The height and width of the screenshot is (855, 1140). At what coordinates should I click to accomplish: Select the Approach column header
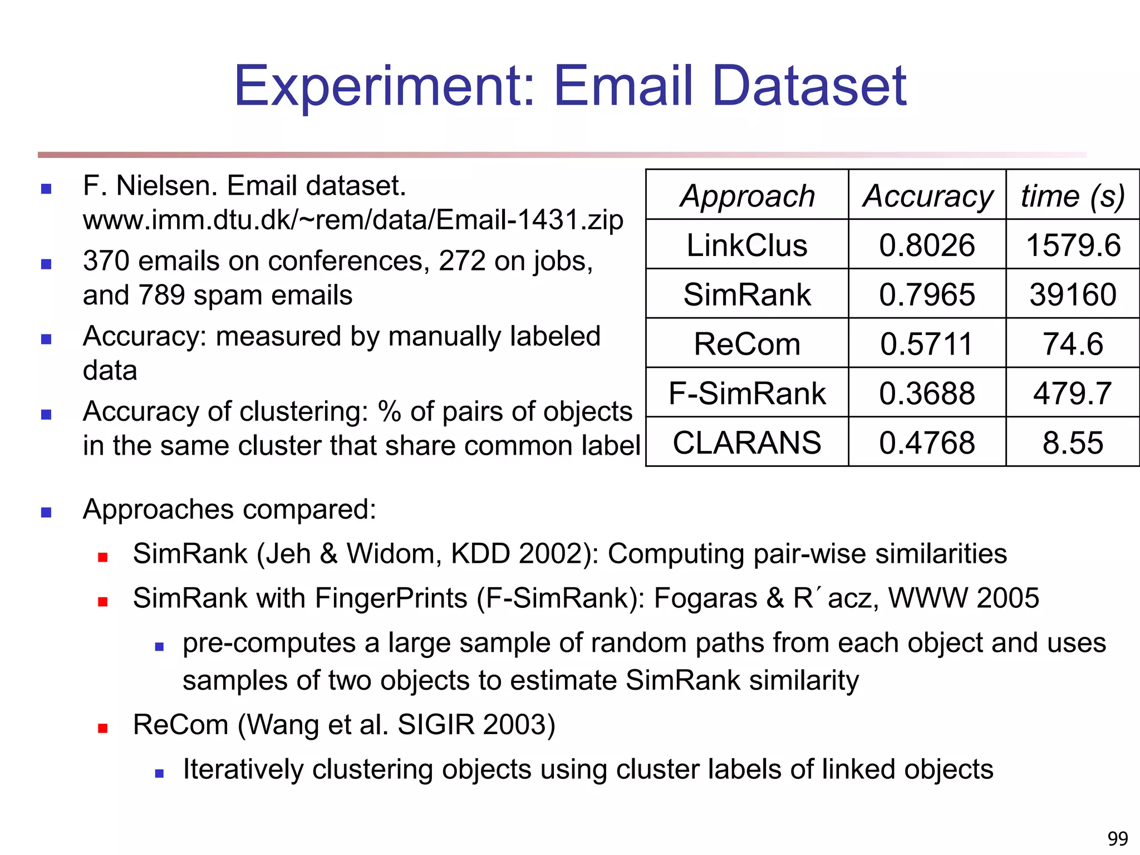[747, 196]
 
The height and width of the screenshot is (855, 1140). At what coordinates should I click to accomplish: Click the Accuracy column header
[927, 196]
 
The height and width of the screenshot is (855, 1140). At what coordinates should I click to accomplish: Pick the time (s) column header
[1073, 196]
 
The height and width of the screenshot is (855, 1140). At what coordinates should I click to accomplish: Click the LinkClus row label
[747, 245]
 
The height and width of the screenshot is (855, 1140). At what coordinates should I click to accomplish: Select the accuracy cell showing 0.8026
[927, 245]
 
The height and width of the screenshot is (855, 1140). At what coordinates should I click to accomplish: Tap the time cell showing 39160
[1073, 294]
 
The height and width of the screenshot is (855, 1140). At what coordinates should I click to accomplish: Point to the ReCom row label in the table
[747, 343]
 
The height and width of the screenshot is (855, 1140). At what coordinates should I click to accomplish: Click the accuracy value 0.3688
[927, 393]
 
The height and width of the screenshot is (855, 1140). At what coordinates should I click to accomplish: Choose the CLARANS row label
[747, 443]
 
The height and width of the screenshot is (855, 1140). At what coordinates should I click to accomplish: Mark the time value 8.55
[1073, 443]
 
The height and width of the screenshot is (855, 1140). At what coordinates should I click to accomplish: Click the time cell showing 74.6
[1073, 343]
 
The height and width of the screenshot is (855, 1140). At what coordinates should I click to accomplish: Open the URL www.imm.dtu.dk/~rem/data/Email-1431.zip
[353, 220]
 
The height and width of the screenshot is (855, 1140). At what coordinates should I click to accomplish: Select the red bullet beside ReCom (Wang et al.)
[102, 728]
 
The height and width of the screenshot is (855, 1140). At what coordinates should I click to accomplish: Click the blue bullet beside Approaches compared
[46, 512]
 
